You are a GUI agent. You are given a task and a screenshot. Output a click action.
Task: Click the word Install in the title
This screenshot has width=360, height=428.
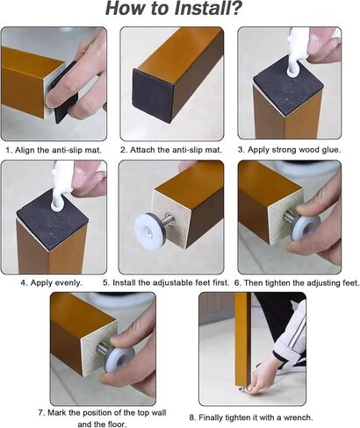point(200,9)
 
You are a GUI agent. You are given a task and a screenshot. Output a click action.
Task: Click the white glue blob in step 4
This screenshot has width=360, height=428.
point(57,203)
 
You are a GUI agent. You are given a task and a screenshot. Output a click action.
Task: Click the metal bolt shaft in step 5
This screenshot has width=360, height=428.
point(168,219)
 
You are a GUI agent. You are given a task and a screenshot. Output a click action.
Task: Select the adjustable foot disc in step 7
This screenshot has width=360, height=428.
point(119,360)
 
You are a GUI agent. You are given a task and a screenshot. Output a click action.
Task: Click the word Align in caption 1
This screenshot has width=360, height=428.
point(25,150)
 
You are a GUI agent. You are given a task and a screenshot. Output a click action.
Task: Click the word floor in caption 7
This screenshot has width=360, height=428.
point(117,424)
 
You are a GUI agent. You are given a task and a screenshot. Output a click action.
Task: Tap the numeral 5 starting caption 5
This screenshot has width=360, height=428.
point(105,282)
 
